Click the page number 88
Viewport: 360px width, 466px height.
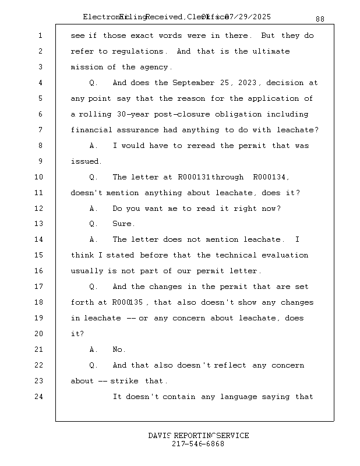pos(320,19)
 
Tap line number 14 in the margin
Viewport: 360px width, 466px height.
pos(40,239)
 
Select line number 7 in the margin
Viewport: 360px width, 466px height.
pos(40,130)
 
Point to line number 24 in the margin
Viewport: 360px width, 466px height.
pos(40,397)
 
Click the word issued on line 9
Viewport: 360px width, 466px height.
pos(85,161)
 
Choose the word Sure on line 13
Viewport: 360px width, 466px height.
pos(123,224)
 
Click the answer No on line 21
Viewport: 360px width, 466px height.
pos(118,349)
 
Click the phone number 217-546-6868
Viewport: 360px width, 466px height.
pos(198,444)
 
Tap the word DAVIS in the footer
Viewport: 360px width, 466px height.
pos(159,436)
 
